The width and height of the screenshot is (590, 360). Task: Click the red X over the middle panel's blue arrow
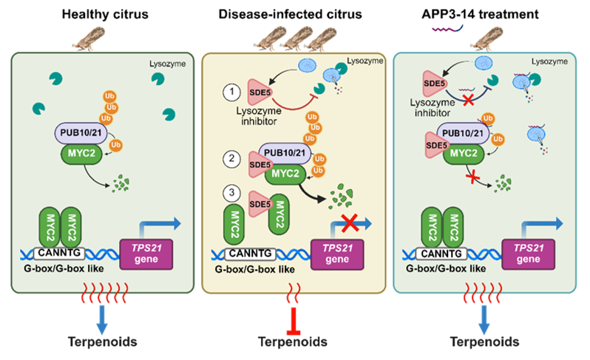349,221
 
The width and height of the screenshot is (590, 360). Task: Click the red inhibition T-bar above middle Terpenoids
294,318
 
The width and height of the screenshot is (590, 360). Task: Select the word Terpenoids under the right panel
484,342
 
